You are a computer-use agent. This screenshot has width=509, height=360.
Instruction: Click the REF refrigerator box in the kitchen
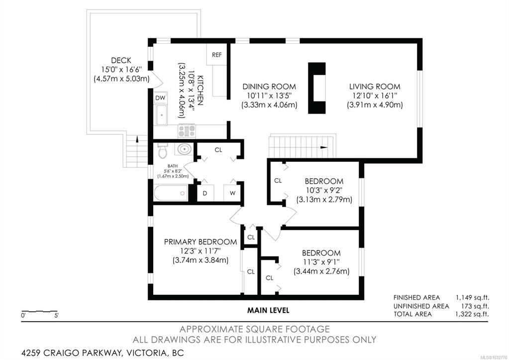pyautogui.click(x=216, y=55)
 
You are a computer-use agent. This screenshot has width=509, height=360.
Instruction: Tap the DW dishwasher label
pyautogui.click(x=160, y=98)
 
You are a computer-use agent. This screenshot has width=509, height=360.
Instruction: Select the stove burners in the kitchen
pyautogui.click(x=187, y=130)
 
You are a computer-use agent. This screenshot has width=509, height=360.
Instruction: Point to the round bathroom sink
pyautogui.click(x=184, y=149)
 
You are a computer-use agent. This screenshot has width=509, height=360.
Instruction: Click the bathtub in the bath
pyautogui.click(x=171, y=193)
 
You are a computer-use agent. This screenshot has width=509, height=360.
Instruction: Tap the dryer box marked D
pyautogui.click(x=205, y=193)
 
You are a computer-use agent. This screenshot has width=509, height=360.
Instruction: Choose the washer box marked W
pyautogui.click(x=232, y=193)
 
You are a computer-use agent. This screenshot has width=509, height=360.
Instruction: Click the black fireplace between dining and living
pyautogui.click(x=316, y=88)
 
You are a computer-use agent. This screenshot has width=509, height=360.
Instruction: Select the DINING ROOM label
pyautogui.click(x=270, y=87)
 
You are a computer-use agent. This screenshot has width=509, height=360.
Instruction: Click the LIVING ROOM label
pyautogui.click(x=375, y=87)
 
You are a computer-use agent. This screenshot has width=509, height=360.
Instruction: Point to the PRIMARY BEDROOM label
pyautogui.click(x=201, y=242)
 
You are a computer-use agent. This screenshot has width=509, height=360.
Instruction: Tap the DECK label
pyautogui.click(x=121, y=60)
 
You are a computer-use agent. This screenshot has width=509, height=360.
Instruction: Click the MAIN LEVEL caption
pyautogui.click(x=268, y=310)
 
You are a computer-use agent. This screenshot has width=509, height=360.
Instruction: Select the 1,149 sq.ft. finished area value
pyautogui.click(x=472, y=298)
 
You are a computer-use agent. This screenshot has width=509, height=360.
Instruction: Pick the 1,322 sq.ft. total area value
pyautogui.click(x=472, y=314)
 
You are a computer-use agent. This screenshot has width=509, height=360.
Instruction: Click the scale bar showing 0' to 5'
pyautogui.click(x=39, y=312)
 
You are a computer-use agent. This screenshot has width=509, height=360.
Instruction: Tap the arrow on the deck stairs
pyautogui.click(x=137, y=139)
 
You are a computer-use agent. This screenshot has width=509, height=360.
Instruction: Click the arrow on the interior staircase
pyautogui.click(x=323, y=147)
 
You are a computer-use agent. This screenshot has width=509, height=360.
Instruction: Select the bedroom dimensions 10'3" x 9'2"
pyautogui.click(x=323, y=190)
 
